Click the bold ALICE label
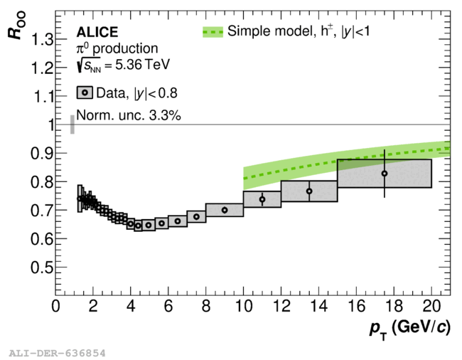click(97, 32)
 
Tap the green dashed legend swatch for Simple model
click(213, 32)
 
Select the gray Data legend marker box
click(85, 93)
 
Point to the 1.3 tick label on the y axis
click(43, 39)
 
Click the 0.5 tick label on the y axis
click(43, 268)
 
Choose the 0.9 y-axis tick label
click(43, 153)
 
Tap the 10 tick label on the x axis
click(244, 306)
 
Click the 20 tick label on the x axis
click(431, 306)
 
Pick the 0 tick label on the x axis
click(55, 306)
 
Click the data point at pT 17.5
click(385, 174)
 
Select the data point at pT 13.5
click(309, 191)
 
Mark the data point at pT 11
click(262, 199)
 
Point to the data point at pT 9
click(225, 210)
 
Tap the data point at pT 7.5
click(196, 217)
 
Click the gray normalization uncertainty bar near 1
click(72, 125)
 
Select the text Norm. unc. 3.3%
click(129, 115)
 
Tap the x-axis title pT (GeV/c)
click(410, 328)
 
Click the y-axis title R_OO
click(16, 26)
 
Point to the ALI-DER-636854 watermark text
click(57, 353)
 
